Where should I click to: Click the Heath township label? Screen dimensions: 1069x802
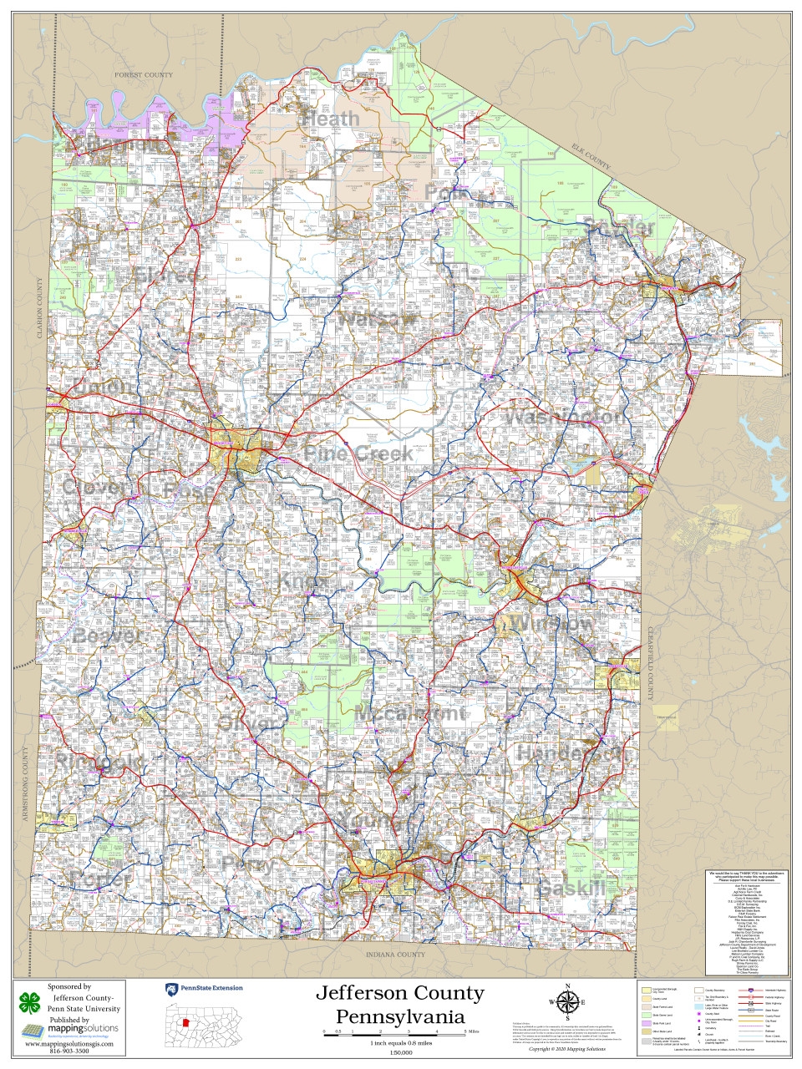point(331,119)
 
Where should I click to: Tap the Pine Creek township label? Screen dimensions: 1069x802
point(358,453)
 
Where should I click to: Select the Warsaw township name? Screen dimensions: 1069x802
point(378,319)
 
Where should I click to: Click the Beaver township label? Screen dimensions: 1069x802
point(108,636)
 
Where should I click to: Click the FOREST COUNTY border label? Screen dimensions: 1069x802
point(144,75)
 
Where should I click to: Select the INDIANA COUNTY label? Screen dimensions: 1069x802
point(395,955)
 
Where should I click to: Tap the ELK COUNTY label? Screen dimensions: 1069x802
point(591,156)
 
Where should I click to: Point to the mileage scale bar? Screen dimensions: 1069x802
point(393,1033)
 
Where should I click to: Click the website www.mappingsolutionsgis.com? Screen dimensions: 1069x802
point(69,1044)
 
